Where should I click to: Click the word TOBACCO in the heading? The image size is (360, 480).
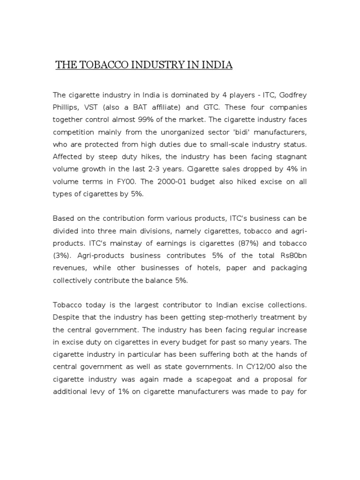pyautogui.click(x=101, y=65)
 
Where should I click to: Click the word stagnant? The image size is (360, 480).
pyautogui.click(x=292, y=156)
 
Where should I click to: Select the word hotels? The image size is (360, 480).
pyautogui.click(x=200, y=267)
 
